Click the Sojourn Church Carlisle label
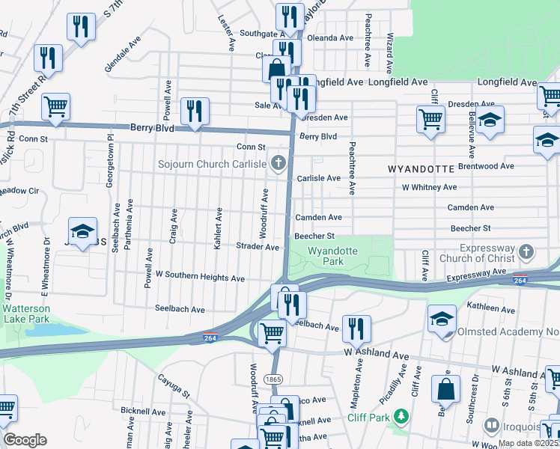click(x=211, y=164)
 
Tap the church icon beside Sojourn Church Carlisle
click(x=279, y=163)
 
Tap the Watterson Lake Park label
click(x=25, y=314)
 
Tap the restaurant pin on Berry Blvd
click(x=195, y=112)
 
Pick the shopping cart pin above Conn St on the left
click(x=55, y=107)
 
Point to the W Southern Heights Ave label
click(x=200, y=278)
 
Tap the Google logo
click(x=25, y=440)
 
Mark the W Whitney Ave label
click(x=429, y=188)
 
